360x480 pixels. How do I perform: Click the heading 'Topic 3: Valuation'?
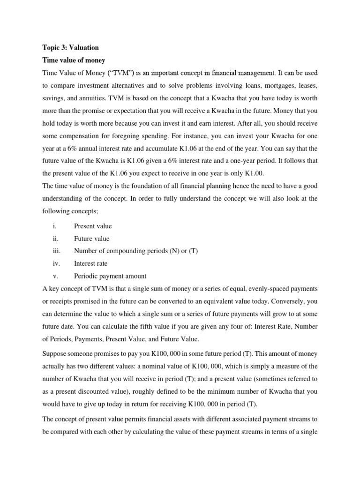[x=71, y=47]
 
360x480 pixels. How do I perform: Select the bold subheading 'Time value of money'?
[x=74, y=60]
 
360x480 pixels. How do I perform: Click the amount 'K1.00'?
[x=254, y=173]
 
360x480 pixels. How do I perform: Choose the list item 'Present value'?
[x=93, y=226]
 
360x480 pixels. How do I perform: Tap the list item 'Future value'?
[x=91, y=239]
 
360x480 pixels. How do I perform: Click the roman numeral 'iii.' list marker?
[x=57, y=251]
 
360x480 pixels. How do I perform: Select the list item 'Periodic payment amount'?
[x=110, y=276]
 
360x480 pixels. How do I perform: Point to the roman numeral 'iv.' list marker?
[x=57, y=263]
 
